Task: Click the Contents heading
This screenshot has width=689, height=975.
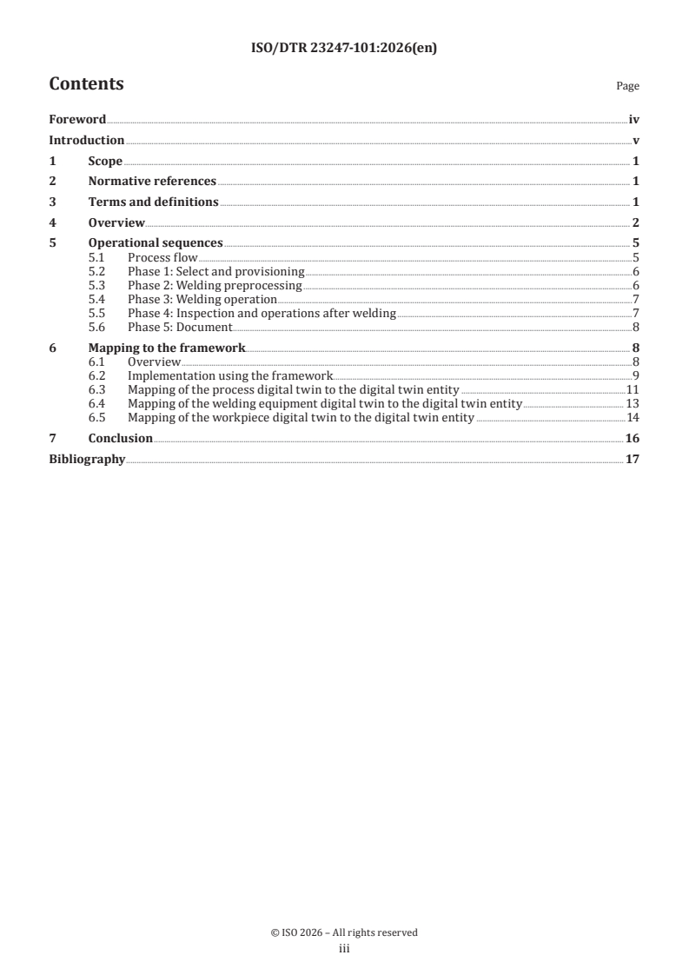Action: [x=86, y=84]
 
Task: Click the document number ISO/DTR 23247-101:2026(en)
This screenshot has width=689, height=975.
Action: [x=344, y=49]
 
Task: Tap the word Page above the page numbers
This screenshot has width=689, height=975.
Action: [x=627, y=87]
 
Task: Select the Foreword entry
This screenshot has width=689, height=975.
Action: [x=77, y=121]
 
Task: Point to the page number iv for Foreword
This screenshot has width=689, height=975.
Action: [x=634, y=121]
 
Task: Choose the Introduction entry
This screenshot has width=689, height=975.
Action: [x=86, y=141]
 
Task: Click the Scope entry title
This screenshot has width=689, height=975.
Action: [x=105, y=162]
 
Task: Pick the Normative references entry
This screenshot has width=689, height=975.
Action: [x=152, y=182]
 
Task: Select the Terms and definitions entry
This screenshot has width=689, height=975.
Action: [x=153, y=202]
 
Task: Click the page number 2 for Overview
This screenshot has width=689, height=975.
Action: [x=636, y=223]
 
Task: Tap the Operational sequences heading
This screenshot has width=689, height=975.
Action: [x=156, y=243]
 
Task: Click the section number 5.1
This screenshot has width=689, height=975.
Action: [x=97, y=258]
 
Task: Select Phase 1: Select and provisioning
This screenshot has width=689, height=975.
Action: [x=215, y=272]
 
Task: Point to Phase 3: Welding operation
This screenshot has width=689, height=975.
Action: [x=202, y=300]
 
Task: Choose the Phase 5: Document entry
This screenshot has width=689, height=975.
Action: [x=180, y=328]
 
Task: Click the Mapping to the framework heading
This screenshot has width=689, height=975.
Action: [x=167, y=348]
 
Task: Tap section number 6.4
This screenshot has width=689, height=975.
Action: [x=97, y=404]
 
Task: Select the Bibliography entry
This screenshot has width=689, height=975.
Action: [x=87, y=459]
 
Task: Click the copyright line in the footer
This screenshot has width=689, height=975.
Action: [x=344, y=932]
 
